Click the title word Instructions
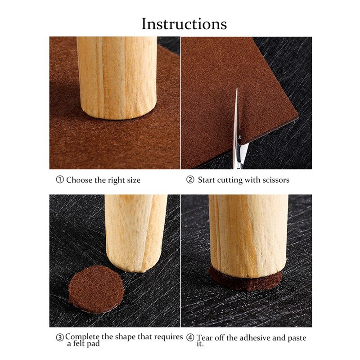[184, 23]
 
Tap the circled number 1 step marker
[60, 180]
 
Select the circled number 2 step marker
[190, 180]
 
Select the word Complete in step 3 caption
[82, 337]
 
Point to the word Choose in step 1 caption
[79, 180]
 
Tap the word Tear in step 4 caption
[205, 337]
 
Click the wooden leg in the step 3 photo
[135, 229]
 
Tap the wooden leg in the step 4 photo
[247, 234]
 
